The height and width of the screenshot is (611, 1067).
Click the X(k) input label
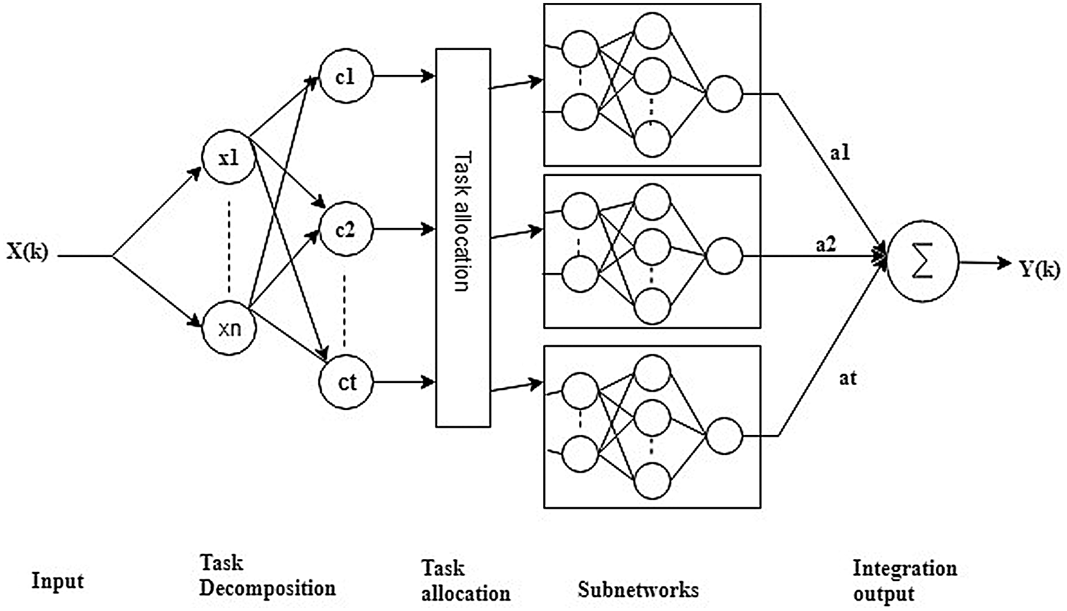pos(27,251)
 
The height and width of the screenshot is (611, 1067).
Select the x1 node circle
pos(229,158)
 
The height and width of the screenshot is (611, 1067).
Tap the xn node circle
pos(229,328)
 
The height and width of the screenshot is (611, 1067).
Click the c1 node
pos(346,76)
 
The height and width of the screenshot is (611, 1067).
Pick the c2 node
pos(346,230)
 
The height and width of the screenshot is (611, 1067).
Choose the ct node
pos(346,383)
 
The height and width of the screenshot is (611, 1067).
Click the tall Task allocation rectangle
pos(463,238)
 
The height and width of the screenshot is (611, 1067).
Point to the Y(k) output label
pos(1040,268)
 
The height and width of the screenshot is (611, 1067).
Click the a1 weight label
pos(840,152)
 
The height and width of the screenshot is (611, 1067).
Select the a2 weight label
pos(826,245)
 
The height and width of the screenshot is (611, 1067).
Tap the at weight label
pos(848,378)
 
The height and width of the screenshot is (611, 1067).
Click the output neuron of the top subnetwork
pos(724,94)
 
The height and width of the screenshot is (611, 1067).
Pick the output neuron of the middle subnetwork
pos(724,255)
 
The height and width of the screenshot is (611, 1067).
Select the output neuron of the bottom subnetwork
pos(724,436)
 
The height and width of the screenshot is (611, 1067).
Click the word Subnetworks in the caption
pos(638,589)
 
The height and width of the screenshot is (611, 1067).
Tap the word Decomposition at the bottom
pos(268,588)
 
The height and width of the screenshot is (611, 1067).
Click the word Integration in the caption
pos(905,568)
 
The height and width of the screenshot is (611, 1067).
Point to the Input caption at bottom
pos(57,581)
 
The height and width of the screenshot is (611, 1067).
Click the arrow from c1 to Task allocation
pos(404,76)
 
